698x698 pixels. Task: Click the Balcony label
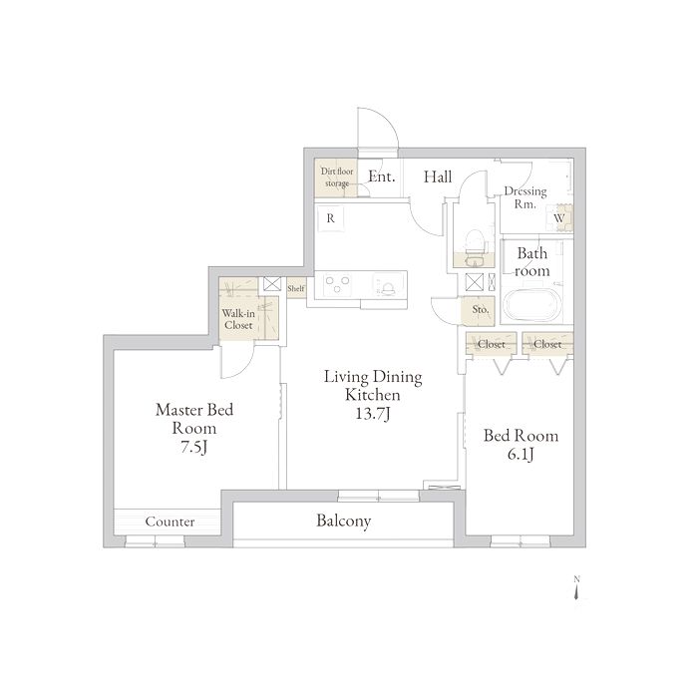pyautogui.click(x=344, y=521)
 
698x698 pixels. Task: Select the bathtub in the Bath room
pyautogui.click(x=531, y=305)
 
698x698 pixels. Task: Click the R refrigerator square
pyautogui.click(x=331, y=218)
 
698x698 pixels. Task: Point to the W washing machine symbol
pyautogui.click(x=559, y=218)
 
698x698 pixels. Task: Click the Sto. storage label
pyautogui.click(x=481, y=309)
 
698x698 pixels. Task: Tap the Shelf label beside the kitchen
pyautogui.click(x=296, y=288)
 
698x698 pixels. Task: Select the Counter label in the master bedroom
pyautogui.click(x=170, y=522)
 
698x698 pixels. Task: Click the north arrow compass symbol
pyautogui.click(x=577, y=588)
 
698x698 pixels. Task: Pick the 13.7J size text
pyautogui.click(x=373, y=414)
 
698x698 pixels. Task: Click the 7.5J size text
pyautogui.click(x=194, y=447)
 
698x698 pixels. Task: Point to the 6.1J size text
pyautogui.click(x=521, y=454)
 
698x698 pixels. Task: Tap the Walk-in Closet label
pyautogui.click(x=238, y=319)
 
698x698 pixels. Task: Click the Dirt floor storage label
pyautogui.click(x=337, y=177)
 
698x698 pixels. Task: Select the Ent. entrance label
pyautogui.click(x=382, y=176)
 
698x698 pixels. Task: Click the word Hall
pyautogui.click(x=438, y=176)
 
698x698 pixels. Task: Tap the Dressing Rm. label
pyautogui.click(x=525, y=197)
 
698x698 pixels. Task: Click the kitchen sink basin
pyautogui.click(x=389, y=285)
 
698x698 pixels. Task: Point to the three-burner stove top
pyautogui.click(x=337, y=284)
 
